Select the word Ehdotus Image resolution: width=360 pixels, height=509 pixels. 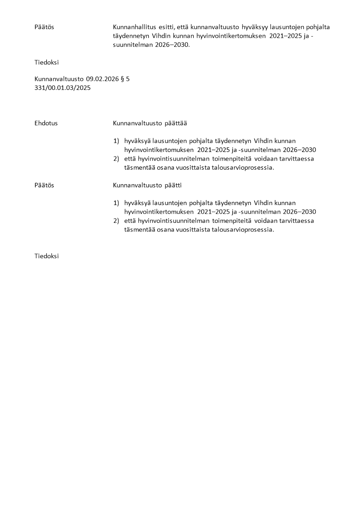46,123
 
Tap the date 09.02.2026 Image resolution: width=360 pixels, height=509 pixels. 102,79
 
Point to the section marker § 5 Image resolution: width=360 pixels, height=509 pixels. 125,79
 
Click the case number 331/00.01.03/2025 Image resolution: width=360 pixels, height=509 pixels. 63,88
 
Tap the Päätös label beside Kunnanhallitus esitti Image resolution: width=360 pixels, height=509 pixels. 44,27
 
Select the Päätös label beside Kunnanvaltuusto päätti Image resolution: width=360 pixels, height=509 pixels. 44,185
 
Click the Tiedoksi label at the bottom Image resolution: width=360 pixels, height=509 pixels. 47,256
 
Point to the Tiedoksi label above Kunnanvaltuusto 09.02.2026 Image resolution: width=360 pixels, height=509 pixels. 47,62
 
